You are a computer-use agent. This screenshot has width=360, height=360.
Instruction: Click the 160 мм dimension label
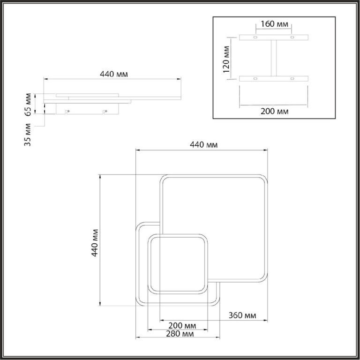tap(274, 24)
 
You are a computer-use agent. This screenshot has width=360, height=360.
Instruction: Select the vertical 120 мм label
tap(226, 59)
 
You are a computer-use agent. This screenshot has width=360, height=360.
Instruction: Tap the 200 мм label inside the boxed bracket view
tap(274, 112)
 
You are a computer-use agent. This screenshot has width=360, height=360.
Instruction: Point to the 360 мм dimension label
tap(242, 315)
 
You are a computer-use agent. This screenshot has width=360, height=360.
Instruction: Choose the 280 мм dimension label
tap(180, 334)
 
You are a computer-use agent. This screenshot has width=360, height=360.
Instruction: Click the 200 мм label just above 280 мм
tap(182, 326)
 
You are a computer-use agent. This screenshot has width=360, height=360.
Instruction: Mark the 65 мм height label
tap(28, 105)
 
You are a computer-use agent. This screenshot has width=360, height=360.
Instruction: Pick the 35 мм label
tap(28, 135)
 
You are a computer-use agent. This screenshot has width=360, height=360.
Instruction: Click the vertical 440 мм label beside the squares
tap(95, 243)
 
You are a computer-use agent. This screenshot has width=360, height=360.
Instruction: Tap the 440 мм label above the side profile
tap(114, 74)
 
